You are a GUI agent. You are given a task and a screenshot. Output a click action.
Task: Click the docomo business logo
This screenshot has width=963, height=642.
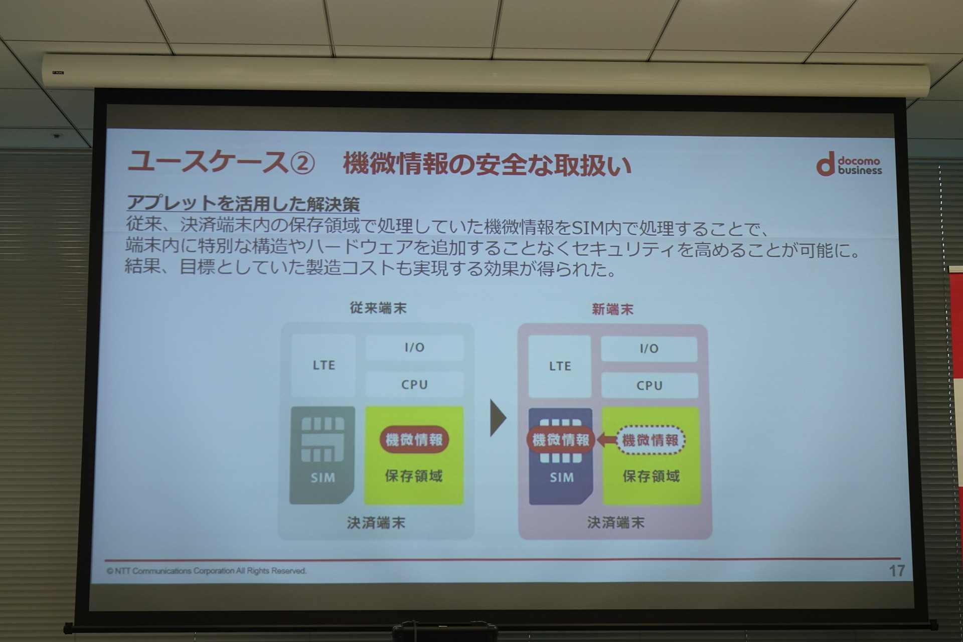point(849,165)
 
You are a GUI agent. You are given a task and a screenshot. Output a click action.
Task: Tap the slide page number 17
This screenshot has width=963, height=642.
point(897,571)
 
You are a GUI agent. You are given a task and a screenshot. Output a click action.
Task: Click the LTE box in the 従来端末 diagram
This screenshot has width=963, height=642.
point(324,365)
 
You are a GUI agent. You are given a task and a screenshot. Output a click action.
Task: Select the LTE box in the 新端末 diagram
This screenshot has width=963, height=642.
point(560,366)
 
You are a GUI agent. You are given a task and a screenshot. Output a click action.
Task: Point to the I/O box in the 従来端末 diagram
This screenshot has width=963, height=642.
point(414,347)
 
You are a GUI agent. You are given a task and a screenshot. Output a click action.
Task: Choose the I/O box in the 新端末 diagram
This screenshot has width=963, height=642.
point(649,349)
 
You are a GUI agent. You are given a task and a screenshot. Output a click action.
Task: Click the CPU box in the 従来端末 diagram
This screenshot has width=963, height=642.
point(414,385)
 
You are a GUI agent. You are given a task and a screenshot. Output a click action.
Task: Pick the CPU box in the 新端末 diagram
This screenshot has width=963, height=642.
point(650,386)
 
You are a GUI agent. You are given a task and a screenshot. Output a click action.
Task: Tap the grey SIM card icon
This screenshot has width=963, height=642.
point(322,455)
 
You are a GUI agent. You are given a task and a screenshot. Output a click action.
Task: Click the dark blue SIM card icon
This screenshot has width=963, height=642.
point(561,456)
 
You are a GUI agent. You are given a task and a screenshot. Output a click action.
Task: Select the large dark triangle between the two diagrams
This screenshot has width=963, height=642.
point(498,417)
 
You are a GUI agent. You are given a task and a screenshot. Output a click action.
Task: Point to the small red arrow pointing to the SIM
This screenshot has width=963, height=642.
point(607,440)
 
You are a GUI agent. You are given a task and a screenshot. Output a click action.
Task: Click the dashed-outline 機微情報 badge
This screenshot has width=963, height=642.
point(651,440)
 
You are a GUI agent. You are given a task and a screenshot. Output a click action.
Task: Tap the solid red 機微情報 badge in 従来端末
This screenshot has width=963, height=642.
point(414,439)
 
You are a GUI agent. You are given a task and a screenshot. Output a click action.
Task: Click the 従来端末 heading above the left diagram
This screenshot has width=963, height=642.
point(378,307)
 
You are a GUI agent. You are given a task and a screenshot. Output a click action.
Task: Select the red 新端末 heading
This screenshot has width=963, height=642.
point(612,309)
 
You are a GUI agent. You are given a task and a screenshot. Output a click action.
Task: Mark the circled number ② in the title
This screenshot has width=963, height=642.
point(303,163)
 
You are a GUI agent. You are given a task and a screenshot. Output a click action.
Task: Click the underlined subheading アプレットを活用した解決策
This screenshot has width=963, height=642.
point(243,203)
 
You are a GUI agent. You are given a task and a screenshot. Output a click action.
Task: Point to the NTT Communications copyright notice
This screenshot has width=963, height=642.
point(206,571)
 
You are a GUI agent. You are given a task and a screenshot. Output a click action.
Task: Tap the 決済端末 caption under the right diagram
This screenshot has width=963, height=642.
point(616,523)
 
